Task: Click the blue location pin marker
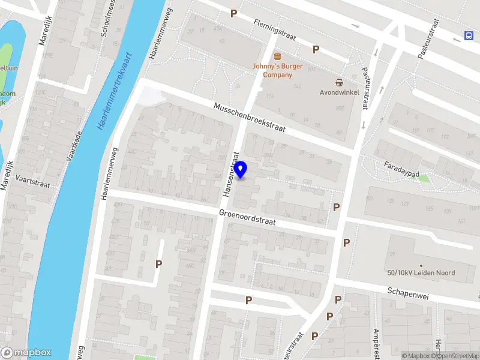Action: pyautogui.click(x=241, y=170)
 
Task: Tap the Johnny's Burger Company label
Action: pyautogui.click(x=277, y=70)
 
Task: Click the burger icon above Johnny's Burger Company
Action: pyautogui.click(x=277, y=56)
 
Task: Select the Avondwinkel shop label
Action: pyautogui.click(x=340, y=93)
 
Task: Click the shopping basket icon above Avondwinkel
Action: pyautogui.click(x=340, y=82)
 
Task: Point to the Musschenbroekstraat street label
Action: pyautogui.click(x=250, y=118)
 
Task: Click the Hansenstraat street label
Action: pyautogui.click(x=231, y=174)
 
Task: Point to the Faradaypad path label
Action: pyautogui.click(x=401, y=169)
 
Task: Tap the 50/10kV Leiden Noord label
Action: pyautogui.click(x=421, y=272)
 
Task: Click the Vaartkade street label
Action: pyautogui.click(x=74, y=148)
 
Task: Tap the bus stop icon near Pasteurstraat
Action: pyautogui.click(x=468, y=36)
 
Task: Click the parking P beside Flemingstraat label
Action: pyautogui.click(x=234, y=13)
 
